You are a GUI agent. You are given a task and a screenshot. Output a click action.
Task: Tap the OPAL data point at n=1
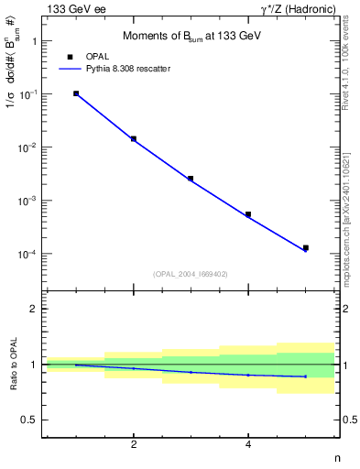point(76,93)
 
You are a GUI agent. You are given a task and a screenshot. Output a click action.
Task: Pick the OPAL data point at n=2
point(134,139)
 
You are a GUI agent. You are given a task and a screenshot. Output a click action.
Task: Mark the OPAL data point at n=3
point(191,179)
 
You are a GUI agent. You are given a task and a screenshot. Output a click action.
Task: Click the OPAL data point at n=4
point(248,214)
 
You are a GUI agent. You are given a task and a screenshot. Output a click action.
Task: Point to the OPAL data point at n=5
point(306,247)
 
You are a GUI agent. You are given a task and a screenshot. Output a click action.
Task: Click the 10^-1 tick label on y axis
point(29,94)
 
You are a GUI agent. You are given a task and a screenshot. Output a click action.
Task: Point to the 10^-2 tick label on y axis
point(29,147)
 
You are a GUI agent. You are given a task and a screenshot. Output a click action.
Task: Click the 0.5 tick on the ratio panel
point(29,420)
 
